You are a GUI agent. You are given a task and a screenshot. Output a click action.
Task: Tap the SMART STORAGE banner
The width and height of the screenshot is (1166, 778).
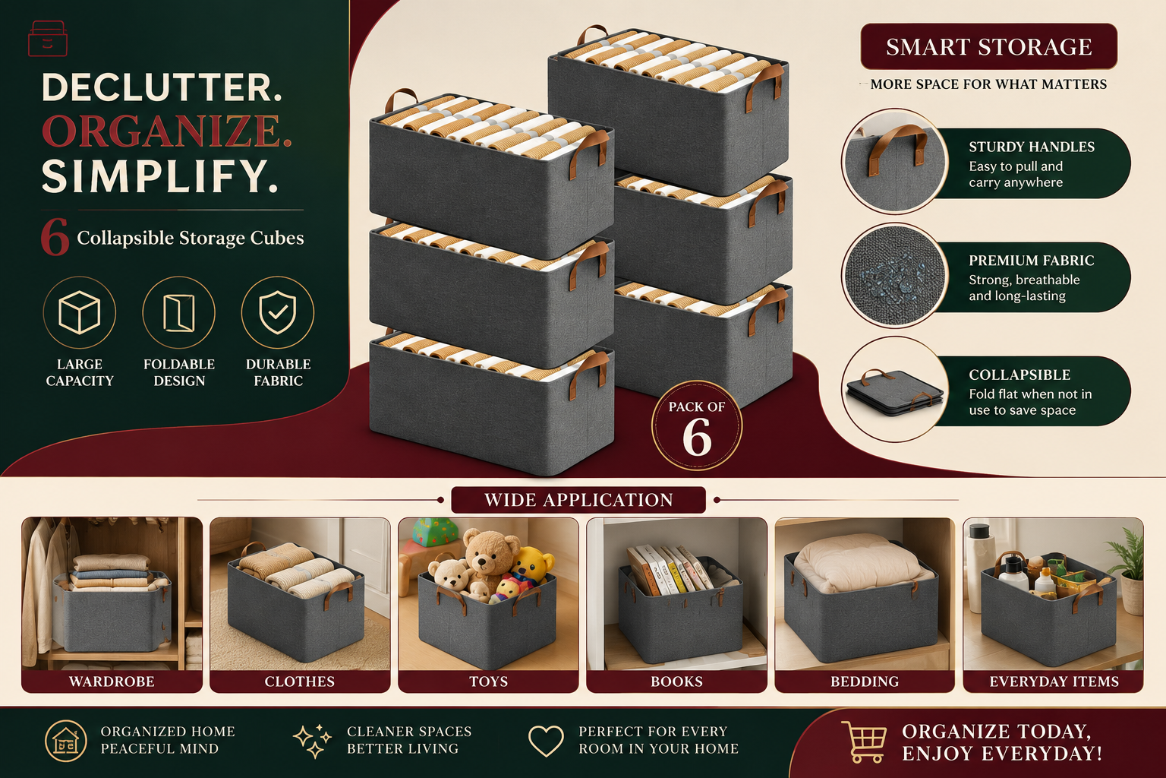pos(988,47)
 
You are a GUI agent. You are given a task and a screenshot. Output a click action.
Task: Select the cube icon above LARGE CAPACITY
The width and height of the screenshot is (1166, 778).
pos(79,312)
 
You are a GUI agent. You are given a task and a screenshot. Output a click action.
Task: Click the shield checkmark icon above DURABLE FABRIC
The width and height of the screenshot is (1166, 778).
pos(277,312)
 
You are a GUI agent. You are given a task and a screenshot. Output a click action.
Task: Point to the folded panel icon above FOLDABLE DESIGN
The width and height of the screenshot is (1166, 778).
pos(178,313)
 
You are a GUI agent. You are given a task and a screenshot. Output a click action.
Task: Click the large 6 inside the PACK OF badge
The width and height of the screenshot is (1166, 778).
pos(696,437)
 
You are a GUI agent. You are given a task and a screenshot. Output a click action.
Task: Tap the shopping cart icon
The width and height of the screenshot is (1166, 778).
pos(864,741)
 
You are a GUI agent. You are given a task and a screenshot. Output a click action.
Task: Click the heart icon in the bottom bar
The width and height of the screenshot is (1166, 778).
pos(546,741)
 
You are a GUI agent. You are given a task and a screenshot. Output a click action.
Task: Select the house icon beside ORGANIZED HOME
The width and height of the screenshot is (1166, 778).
pos(65,741)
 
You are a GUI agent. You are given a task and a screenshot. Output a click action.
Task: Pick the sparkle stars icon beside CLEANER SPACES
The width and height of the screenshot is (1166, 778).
pos(312,741)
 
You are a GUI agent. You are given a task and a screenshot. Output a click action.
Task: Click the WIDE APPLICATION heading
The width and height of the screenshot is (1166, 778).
pos(578,500)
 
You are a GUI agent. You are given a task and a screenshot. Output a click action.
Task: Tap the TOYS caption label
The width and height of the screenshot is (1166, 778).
pos(488,681)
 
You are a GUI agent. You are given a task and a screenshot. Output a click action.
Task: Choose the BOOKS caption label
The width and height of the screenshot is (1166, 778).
pos(676,681)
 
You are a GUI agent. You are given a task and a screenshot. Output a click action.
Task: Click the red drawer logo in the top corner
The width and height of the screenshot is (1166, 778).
pos(47,38)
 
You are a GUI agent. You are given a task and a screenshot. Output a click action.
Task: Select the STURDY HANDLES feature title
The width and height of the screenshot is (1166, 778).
pos(1031,147)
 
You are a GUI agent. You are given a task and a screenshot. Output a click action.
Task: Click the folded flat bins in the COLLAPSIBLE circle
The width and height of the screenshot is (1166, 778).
pos(895,394)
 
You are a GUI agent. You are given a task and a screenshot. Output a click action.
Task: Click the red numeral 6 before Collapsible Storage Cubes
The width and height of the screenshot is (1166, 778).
pos(55,237)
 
